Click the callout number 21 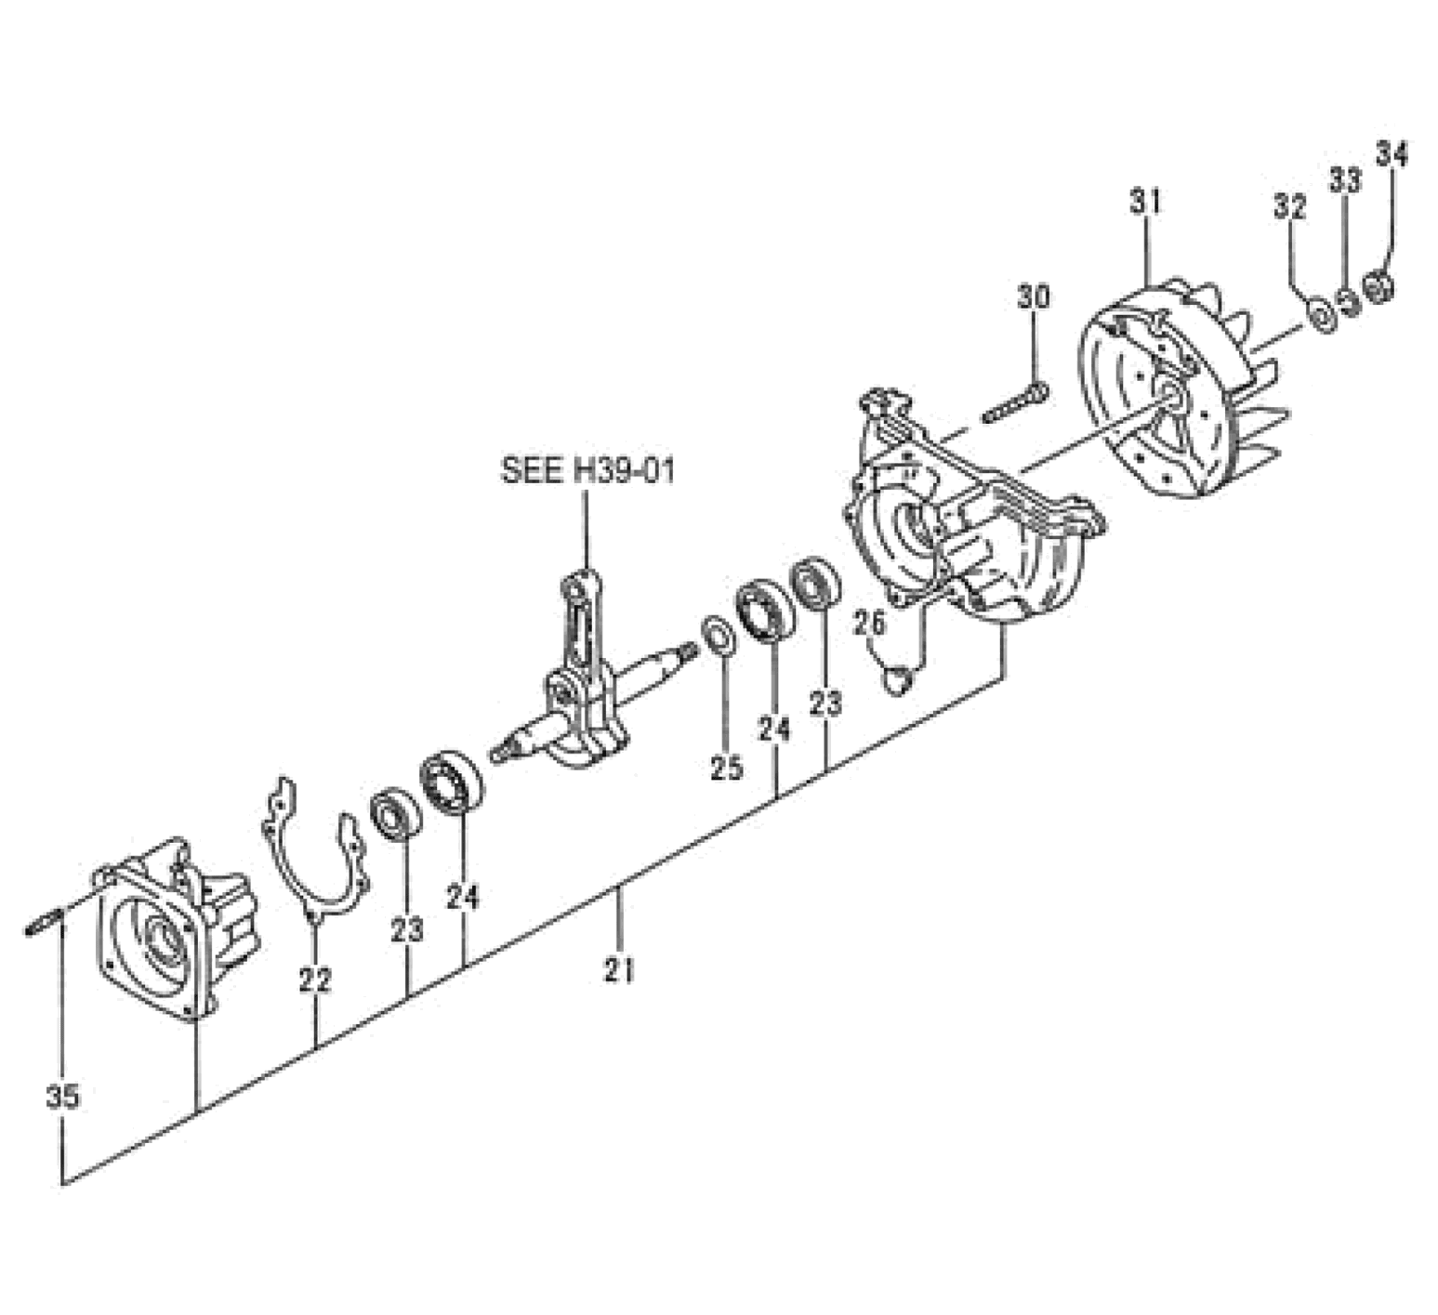click(619, 970)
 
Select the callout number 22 click(315, 980)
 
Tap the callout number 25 click(727, 768)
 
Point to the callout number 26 click(870, 623)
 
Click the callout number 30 click(1034, 296)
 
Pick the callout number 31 click(1146, 200)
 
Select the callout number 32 click(1290, 205)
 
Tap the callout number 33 click(1344, 179)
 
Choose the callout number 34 click(1392, 153)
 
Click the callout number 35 click(62, 1097)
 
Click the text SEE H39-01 click(587, 470)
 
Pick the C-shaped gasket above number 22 click(313, 852)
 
